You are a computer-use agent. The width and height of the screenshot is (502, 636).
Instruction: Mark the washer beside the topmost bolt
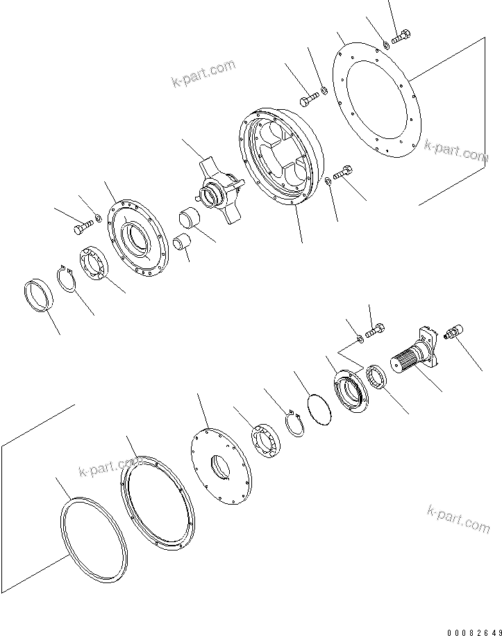click(x=386, y=46)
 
